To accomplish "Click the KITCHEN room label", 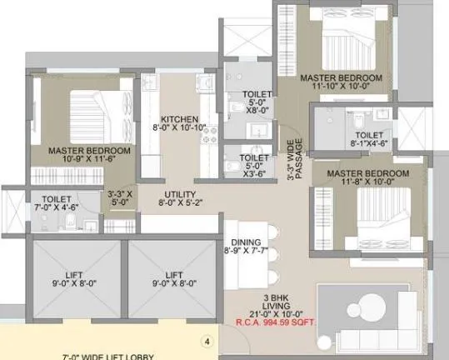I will pos(178,122).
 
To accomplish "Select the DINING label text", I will pos(247,247).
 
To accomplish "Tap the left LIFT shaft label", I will pos(72,277).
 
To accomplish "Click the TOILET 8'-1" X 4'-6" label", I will pos(369,139).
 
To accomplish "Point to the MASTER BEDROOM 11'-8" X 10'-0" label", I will pos(367,178).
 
